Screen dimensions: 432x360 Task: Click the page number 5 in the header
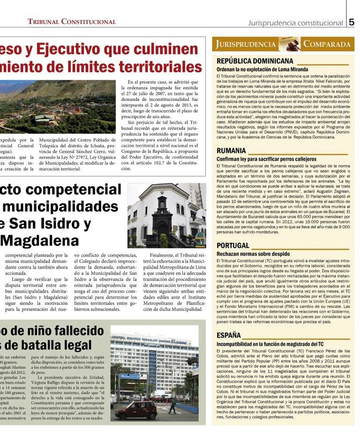(352, 22)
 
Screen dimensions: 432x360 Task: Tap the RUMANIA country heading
(231, 151)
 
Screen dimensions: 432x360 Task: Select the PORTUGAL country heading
(232, 246)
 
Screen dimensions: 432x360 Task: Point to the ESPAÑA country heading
(229, 335)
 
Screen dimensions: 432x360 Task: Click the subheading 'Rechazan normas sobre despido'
(253, 254)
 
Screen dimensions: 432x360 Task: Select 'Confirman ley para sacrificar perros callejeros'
(266, 159)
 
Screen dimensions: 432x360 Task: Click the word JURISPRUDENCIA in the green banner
(246, 45)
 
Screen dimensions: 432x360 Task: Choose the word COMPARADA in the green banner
(327, 45)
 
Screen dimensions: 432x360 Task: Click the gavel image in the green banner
(290, 44)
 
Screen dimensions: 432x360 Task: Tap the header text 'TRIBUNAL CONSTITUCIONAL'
(72, 22)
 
